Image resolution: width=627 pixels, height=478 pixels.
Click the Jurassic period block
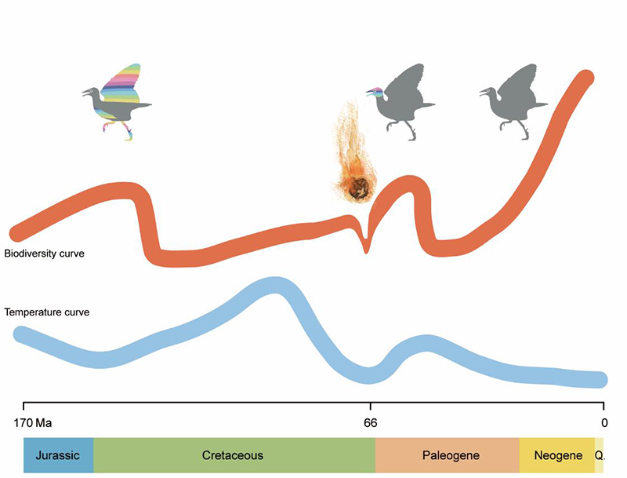(x=58, y=455)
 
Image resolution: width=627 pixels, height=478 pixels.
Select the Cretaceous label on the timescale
(x=233, y=455)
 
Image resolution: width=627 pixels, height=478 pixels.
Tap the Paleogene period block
(x=450, y=455)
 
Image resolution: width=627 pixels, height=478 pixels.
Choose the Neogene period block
(x=557, y=455)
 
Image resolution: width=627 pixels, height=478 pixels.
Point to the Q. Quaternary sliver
(x=600, y=455)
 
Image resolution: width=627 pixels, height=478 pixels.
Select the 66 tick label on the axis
(x=370, y=422)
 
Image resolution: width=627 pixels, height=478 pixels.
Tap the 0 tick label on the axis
(x=603, y=422)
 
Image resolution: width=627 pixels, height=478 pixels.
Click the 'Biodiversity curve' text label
(x=44, y=254)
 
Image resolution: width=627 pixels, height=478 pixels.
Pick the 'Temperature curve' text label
(x=47, y=312)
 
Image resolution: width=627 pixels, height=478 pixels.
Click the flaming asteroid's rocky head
(x=361, y=187)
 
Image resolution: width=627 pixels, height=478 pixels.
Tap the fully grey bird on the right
(x=513, y=99)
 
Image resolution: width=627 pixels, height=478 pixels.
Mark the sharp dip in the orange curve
(x=366, y=246)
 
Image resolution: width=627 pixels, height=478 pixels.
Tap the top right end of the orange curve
(x=585, y=79)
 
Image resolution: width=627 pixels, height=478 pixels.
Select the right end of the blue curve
(x=600, y=380)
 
